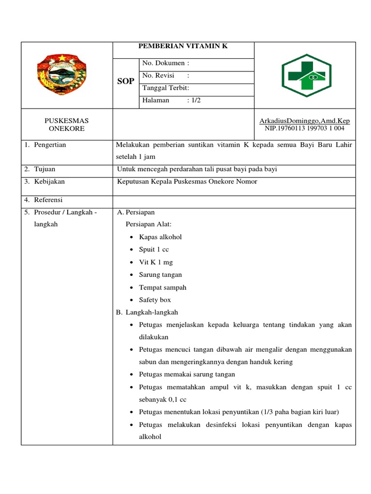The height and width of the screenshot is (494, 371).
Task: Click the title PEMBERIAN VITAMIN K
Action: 183,46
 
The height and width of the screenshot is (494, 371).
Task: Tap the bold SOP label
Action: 126,82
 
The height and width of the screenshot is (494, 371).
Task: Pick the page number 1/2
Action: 193,100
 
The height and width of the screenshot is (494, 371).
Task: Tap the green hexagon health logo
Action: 306,75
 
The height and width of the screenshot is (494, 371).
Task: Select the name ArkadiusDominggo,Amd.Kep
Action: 304,121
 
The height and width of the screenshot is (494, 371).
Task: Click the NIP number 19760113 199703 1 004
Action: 304,128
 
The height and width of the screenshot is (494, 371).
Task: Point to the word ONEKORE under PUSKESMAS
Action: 67,129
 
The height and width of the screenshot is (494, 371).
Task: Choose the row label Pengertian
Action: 50,145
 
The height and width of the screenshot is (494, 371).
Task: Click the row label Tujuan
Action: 44,169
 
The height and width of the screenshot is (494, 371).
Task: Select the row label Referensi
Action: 48,200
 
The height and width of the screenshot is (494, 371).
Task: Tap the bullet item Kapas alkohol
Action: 160,237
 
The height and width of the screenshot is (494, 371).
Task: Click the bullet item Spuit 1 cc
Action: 154,249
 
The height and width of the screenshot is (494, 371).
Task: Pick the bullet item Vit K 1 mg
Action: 156,262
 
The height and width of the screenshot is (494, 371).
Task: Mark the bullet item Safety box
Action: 155,300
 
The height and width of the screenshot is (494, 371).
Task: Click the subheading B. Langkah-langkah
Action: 147,312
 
